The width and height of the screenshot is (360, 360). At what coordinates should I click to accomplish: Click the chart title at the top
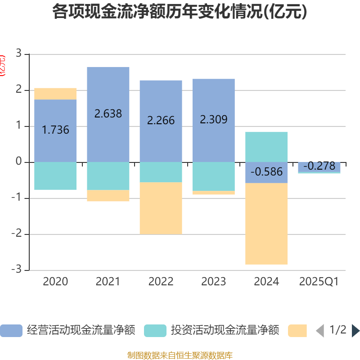point(180,12)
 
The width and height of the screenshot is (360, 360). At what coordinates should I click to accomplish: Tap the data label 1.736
point(55,130)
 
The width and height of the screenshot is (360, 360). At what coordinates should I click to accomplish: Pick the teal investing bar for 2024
point(266,147)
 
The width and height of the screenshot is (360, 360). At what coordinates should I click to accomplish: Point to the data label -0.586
point(266,172)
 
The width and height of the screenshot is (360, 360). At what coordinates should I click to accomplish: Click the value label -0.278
point(319,166)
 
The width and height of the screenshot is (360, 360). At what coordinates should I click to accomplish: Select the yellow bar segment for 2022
point(161,208)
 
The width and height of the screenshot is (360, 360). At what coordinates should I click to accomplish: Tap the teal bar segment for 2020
point(55,176)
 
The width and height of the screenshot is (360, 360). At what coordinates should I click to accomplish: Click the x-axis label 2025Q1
point(319,282)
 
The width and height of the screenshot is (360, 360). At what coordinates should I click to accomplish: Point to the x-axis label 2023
point(213,282)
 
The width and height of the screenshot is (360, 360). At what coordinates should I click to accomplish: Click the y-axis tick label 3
point(18,54)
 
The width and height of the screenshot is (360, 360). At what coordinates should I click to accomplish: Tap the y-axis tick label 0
point(18,162)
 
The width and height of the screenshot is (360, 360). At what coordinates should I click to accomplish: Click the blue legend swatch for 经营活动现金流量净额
point(11,330)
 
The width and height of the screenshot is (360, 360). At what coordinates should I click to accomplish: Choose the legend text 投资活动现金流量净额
point(225,330)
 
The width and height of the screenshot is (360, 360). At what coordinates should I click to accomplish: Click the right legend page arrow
point(355,331)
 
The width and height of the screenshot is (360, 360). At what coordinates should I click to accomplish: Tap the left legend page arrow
point(320,331)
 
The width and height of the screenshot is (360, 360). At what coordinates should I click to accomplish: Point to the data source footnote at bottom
point(180,355)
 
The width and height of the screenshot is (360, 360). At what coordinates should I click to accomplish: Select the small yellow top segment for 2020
point(55,94)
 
